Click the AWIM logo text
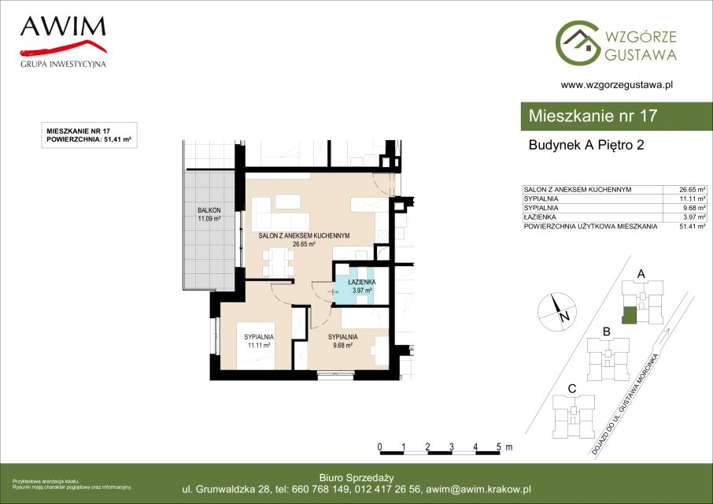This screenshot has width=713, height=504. click(63, 27)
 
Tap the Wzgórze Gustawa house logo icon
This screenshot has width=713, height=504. click(578, 43)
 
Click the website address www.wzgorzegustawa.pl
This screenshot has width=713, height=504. click(617, 84)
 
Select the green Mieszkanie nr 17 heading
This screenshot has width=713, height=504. click(593, 116)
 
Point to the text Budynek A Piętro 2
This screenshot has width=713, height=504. click(586, 145)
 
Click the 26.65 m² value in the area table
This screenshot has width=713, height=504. click(692, 190)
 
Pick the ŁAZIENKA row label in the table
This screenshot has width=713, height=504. click(539, 217)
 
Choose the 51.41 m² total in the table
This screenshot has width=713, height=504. click(692, 226)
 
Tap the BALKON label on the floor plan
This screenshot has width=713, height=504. click(209, 210)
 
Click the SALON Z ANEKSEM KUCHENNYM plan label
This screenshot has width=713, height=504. click(304, 235)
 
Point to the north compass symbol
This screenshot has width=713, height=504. click(557, 312)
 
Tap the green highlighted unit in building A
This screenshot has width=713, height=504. click(629, 315)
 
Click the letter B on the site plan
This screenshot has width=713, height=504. click(606, 332)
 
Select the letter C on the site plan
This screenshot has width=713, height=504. click(572, 389)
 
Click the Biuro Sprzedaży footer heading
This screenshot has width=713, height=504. click(356, 477)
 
